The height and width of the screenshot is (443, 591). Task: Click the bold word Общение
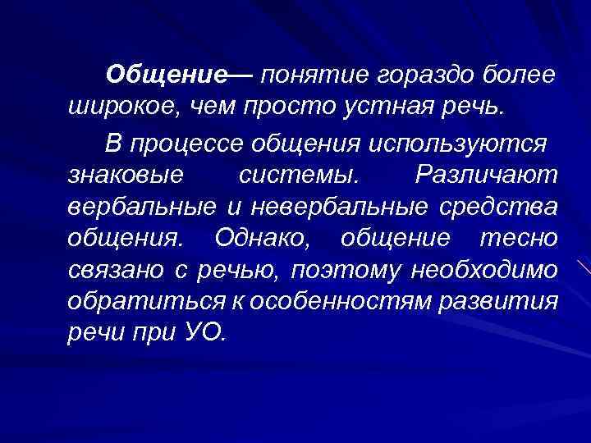[x=168, y=76]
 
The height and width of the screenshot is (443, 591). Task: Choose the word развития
[x=500, y=302]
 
